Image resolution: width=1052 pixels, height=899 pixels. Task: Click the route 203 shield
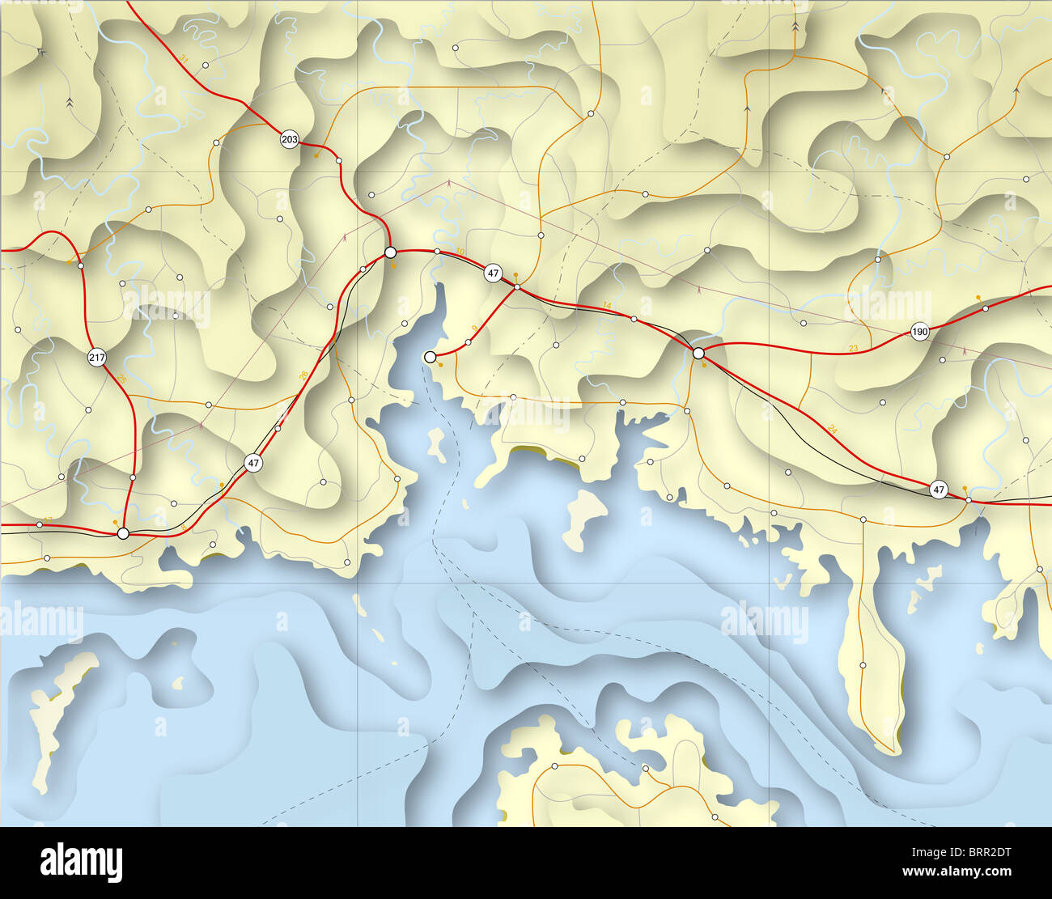pos(289,140)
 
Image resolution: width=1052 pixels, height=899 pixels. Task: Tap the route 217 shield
pos(97,358)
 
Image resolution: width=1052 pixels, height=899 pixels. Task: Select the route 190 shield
pos(919,332)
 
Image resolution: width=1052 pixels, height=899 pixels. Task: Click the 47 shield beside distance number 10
pos(493,274)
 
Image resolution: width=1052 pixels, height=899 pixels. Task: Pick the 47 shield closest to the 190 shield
pos(938,489)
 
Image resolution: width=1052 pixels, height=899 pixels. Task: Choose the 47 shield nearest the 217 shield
pos(254,463)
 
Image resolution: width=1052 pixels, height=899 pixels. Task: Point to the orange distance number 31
pos(184,59)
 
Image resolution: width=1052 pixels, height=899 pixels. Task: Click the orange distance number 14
pos(607,304)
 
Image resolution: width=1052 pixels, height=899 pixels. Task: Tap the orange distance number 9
pos(473,328)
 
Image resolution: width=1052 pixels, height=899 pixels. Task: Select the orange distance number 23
pos(853,348)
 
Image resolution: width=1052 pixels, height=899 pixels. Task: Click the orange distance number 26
pos(303,374)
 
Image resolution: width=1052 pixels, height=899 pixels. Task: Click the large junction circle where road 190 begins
pos(698,353)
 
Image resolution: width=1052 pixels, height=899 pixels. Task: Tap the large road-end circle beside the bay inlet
pos(431,356)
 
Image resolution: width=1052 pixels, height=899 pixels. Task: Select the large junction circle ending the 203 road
pos(390,252)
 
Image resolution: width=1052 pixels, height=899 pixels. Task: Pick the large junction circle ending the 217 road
pos(123,533)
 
